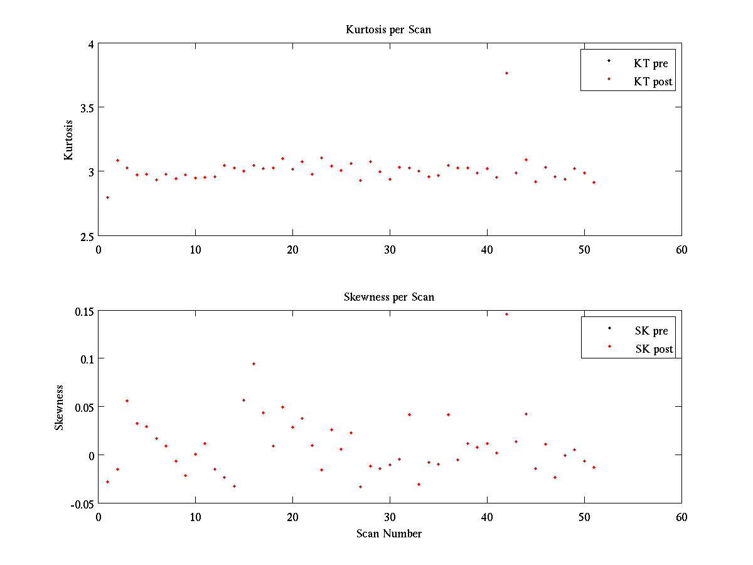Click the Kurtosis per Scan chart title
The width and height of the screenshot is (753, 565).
coord(388,30)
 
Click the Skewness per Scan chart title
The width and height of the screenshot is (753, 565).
coord(388,297)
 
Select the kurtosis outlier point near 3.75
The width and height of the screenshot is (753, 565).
coord(506,73)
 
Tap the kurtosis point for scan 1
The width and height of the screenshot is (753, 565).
coord(107,197)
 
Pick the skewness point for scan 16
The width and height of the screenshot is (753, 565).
coord(254,363)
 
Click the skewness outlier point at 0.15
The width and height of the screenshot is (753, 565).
coord(506,314)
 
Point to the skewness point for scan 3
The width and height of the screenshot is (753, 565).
coord(127,401)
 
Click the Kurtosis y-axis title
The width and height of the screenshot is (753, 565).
coord(69,139)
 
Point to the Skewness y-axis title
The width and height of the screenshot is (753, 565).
coord(59,407)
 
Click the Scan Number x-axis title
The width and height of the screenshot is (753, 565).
coord(388,534)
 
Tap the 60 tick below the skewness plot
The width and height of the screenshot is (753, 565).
coord(681,517)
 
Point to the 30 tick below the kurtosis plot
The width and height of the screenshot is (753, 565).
coord(390,249)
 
